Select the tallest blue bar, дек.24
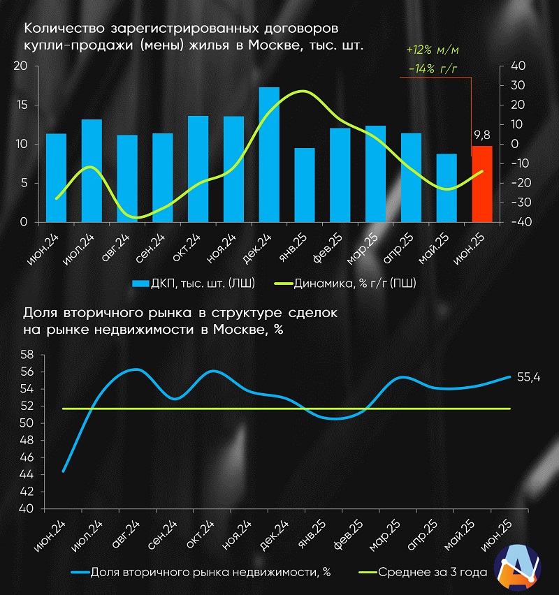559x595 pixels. click(269, 154)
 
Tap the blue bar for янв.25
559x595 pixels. click(305, 185)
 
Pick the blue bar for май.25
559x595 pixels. click(447, 188)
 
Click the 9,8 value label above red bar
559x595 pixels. click(482, 135)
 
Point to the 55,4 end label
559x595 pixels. click(528, 377)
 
